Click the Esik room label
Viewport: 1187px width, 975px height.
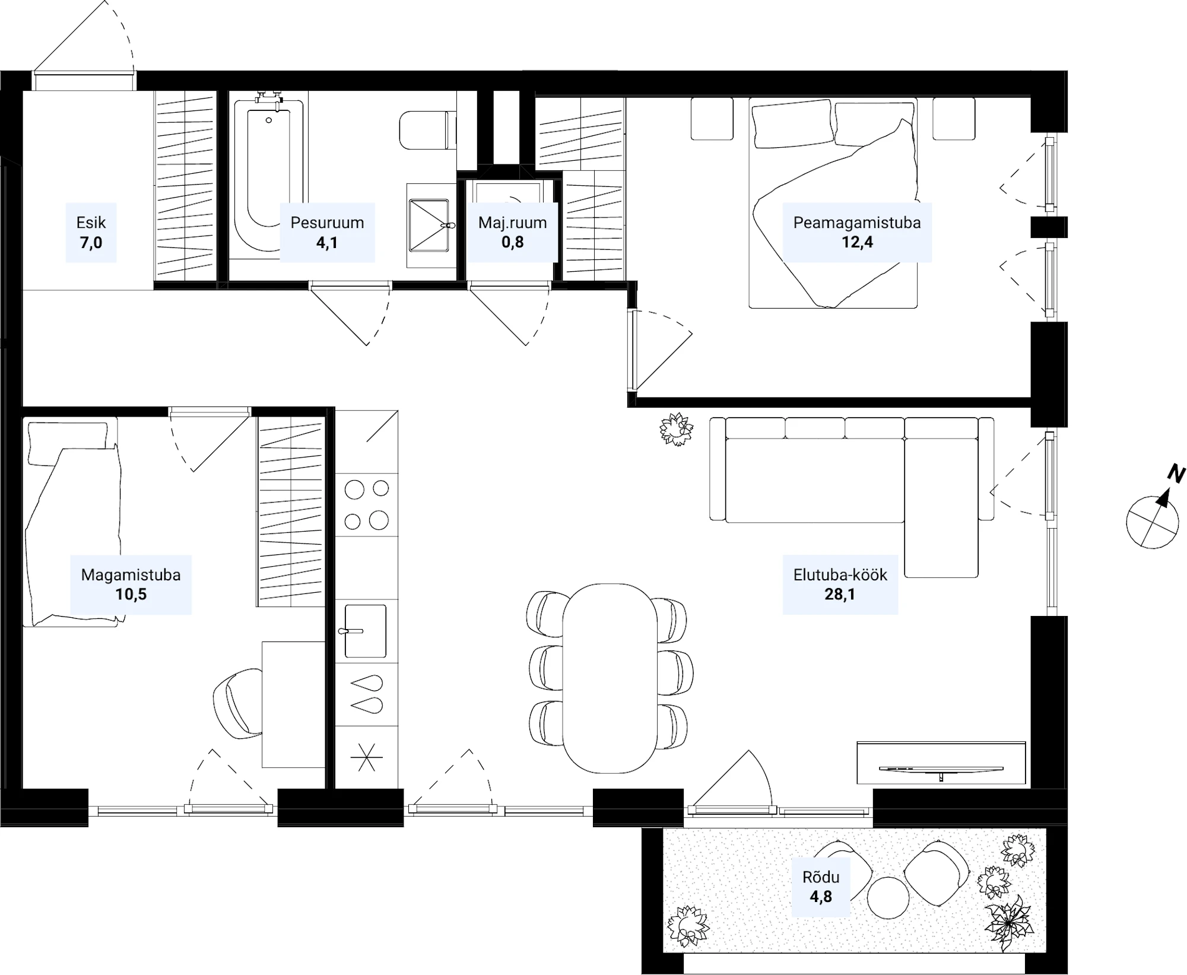point(91,223)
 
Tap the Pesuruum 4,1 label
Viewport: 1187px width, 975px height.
point(327,232)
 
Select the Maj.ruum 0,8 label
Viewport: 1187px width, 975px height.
point(512,232)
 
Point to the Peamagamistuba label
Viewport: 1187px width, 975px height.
point(857,223)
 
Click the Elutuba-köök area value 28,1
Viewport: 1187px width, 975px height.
point(840,594)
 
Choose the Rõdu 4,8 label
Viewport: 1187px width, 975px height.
point(821,887)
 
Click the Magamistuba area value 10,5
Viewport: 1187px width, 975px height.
point(131,594)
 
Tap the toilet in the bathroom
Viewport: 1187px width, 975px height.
point(427,130)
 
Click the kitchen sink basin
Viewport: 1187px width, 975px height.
point(365,631)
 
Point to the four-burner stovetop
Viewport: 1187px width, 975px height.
point(366,504)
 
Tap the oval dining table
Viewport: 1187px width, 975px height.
point(610,678)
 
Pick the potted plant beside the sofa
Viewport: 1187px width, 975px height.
point(677,429)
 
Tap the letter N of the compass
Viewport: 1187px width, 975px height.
point(1176,474)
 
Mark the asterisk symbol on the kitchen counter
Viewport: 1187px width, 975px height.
point(366,757)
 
